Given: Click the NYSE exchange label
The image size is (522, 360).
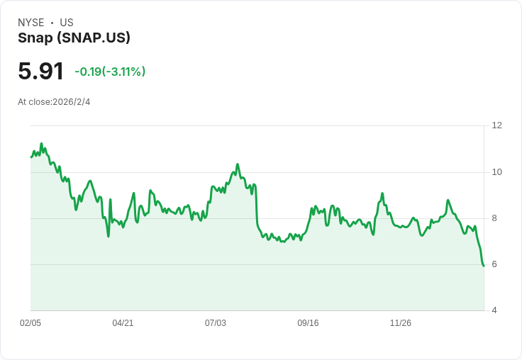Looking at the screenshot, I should [30, 23].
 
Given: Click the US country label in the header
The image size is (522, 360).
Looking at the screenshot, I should [67, 23].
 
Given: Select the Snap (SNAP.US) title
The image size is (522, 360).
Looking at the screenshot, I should [74, 38].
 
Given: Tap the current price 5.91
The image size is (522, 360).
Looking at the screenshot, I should [40, 71].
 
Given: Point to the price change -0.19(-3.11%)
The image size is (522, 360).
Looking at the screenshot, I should [110, 72].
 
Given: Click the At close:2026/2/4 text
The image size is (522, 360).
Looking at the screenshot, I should [54, 102].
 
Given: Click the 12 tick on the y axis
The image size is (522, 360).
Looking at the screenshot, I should [496, 125].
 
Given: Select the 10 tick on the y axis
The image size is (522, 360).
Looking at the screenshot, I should [496, 172].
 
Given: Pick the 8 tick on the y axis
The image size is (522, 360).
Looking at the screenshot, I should [494, 218].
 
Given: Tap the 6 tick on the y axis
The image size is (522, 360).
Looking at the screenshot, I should [494, 264].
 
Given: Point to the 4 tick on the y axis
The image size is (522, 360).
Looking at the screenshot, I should [494, 310].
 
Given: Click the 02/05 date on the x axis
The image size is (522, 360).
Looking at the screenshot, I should [30, 323].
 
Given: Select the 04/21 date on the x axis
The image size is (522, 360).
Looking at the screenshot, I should [123, 323].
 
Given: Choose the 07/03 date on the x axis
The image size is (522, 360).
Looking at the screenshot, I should [216, 323].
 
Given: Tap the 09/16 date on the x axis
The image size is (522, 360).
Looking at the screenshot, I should [308, 323].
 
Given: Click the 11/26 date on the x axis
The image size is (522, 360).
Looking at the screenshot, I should [401, 323].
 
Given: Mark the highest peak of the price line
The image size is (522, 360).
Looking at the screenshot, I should [41, 144].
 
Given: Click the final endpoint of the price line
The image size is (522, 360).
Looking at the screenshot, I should [484, 266].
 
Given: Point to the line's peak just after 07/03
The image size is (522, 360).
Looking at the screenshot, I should [238, 164].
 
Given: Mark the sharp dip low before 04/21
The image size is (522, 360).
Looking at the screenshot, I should [108, 235].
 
